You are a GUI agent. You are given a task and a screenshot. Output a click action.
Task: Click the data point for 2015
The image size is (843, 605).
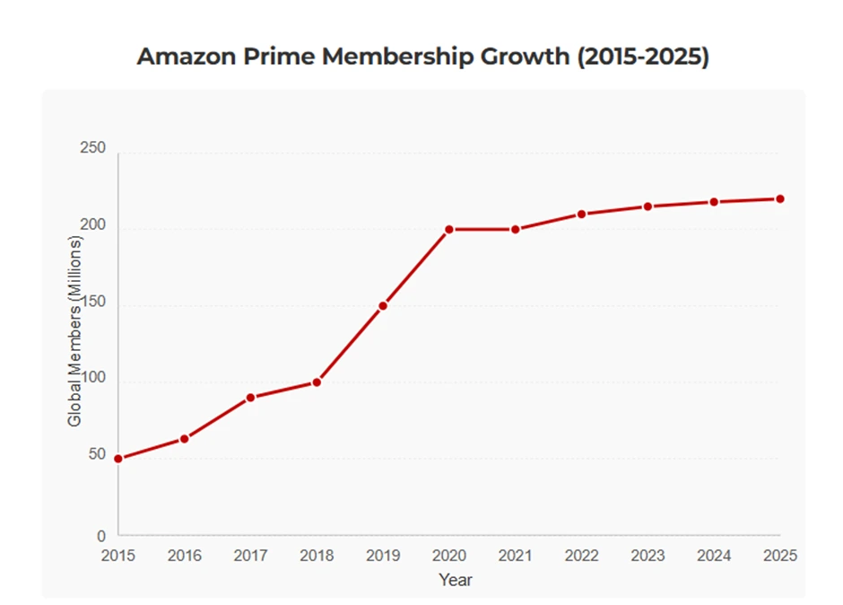point(117,459)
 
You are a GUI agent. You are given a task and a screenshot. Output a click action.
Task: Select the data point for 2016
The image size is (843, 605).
point(184,439)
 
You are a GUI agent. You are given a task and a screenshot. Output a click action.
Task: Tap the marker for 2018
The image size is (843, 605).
point(317,382)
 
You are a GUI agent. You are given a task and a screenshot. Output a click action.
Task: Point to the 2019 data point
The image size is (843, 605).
point(383,306)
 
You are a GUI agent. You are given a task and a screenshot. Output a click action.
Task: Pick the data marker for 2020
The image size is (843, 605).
point(448,230)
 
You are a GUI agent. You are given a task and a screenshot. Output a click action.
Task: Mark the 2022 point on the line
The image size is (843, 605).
point(581,215)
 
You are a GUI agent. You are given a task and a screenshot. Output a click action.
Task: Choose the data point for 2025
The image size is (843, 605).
point(780,199)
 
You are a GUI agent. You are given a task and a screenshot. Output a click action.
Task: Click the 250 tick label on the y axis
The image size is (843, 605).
point(93,148)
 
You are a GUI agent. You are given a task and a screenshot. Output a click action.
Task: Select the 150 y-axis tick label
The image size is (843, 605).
point(93,302)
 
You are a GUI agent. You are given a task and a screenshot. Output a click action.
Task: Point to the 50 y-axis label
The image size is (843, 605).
point(97,456)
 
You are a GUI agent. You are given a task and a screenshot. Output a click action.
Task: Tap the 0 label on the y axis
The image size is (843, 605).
point(101,536)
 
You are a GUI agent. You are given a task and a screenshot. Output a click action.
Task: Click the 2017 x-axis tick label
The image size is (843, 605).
point(250,556)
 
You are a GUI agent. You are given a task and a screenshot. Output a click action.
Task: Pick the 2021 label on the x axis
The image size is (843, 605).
point(515,556)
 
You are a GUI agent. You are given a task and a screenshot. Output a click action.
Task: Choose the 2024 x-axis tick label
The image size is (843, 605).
point(714,556)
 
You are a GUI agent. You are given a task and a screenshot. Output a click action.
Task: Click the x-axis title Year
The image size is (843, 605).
point(456,580)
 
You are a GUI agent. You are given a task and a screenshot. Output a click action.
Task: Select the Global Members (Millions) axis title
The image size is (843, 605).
point(75,330)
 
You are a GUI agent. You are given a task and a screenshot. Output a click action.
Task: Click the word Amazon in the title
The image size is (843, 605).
point(183,57)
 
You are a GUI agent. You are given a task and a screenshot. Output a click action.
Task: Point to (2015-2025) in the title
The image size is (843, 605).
point(642,57)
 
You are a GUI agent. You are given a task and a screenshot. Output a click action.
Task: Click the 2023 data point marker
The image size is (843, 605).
point(647,207)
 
